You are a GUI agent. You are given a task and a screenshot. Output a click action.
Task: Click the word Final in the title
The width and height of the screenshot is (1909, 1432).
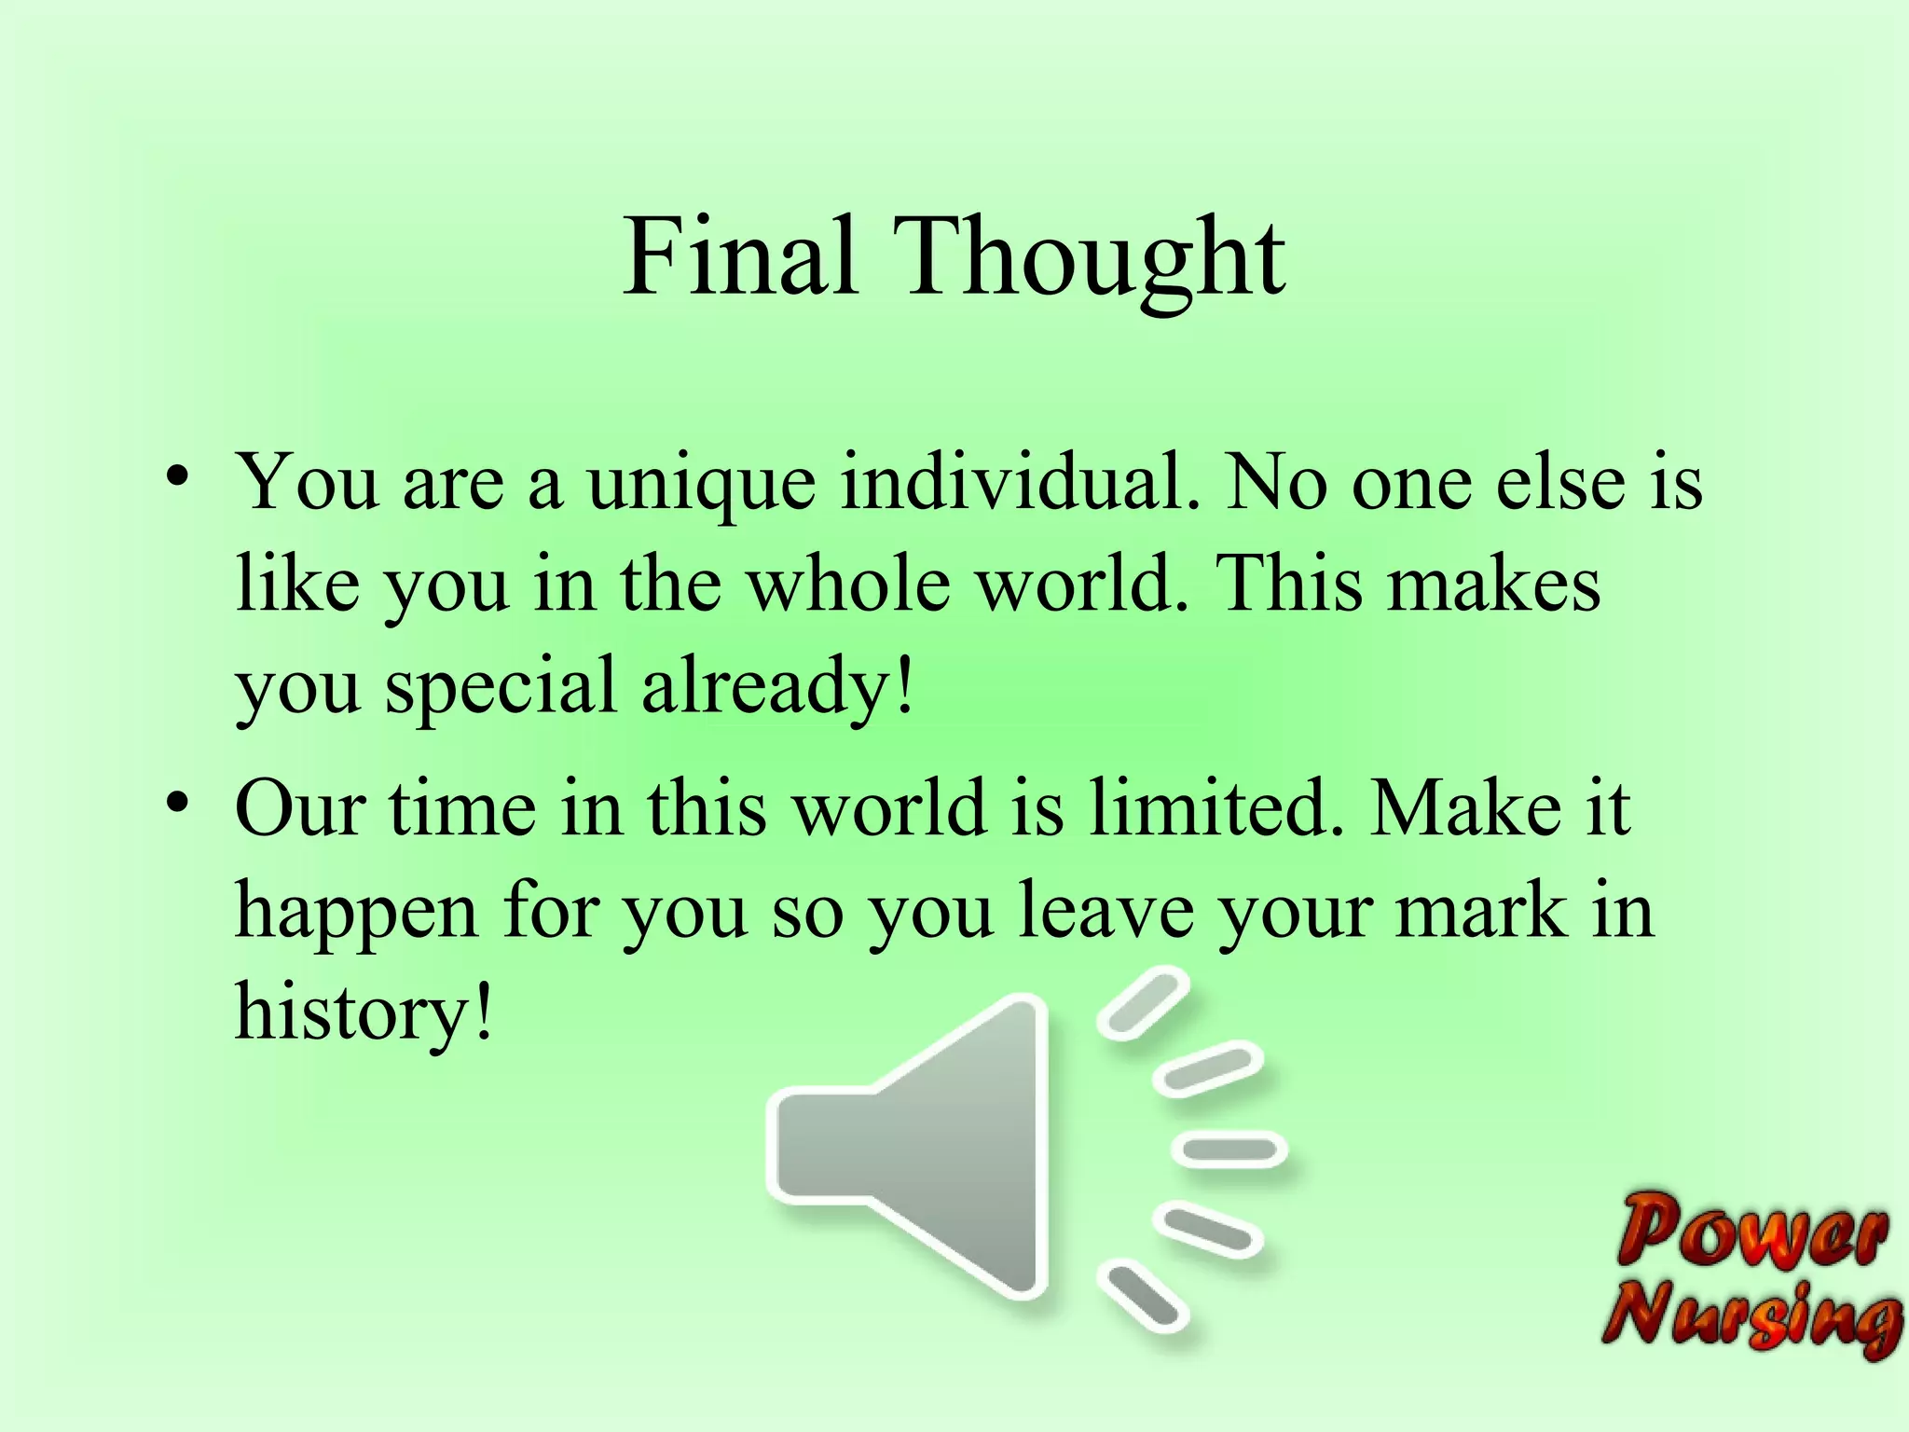[x=739, y=256]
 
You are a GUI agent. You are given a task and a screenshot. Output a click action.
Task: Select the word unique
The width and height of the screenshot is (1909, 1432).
[x=701, y=485]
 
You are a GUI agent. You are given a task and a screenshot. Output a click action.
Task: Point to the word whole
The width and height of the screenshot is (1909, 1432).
[x=848, y=585]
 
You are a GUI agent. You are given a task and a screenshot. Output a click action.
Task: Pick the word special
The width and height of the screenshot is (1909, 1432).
[x=501, y=688]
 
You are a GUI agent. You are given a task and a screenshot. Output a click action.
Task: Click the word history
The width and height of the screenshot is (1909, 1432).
[x=364, y=1012]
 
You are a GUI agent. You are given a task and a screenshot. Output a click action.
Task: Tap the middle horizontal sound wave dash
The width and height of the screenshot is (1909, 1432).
[x=1229, y=1149]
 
